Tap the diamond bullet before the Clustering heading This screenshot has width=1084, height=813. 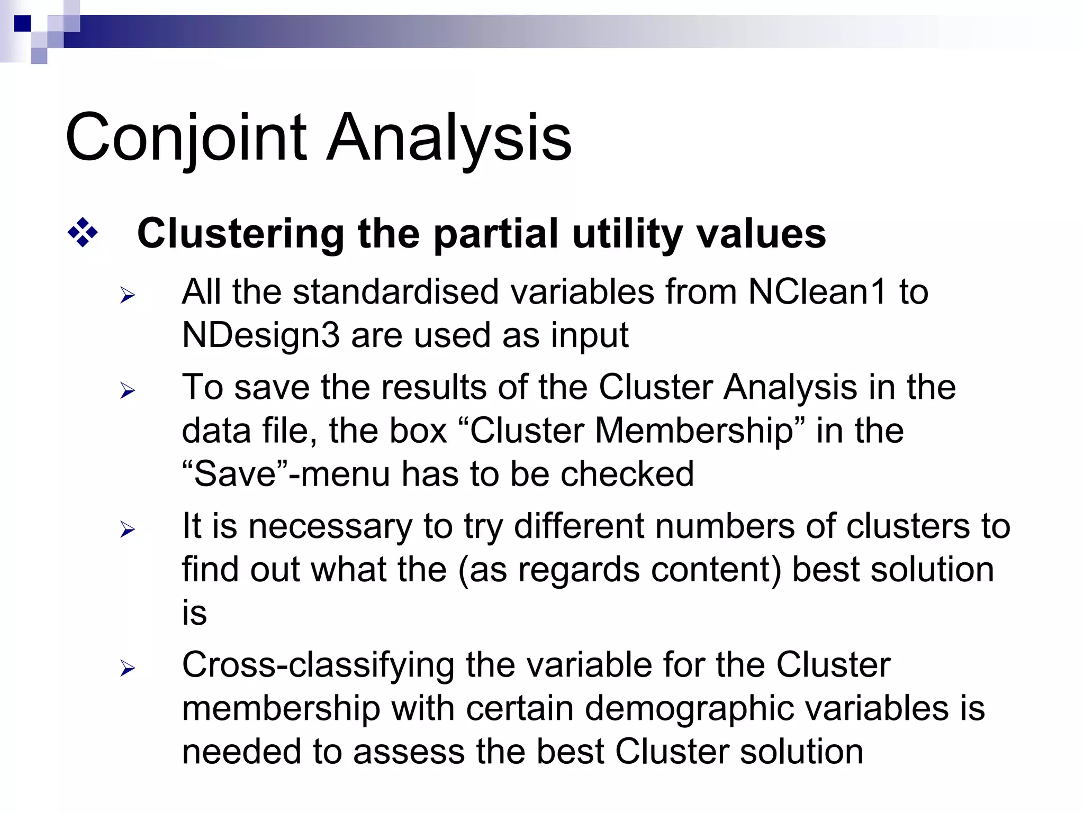[83, 232]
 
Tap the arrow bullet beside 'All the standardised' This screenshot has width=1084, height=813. [128, 295]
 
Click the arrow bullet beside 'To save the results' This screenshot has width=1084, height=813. [128, 391]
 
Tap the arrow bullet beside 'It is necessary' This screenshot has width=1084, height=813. [128, 529]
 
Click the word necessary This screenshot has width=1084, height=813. [330, 526]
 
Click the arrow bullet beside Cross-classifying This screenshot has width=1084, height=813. [128, 668]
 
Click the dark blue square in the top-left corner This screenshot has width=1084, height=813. [22, 23]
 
